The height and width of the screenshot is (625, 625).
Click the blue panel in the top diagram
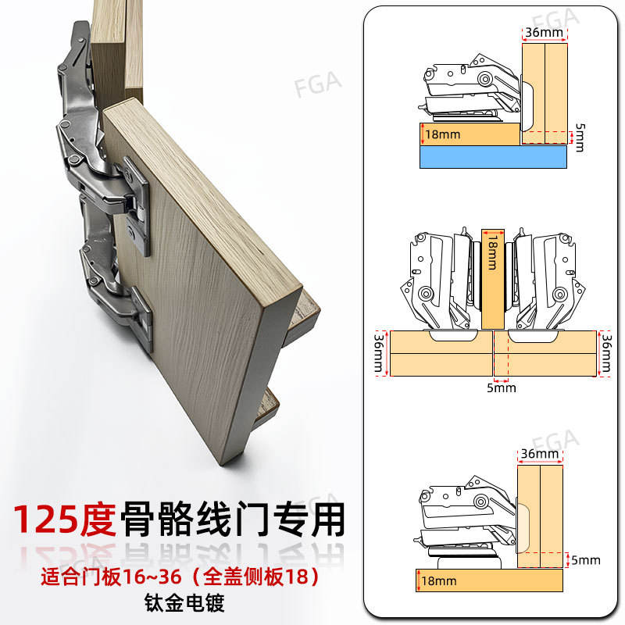tap(493, 157)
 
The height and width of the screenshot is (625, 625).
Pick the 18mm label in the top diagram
tap(443, 134)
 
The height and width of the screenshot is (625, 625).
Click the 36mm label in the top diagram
tap(544, 33)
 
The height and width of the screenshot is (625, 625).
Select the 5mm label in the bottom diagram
tap(586, 560)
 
